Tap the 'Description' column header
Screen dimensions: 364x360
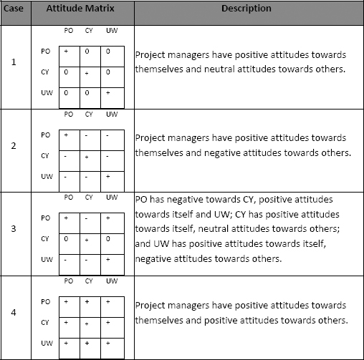coord(246,9)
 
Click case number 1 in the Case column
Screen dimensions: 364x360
coord(14,62)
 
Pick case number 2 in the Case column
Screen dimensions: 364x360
coord(14,145)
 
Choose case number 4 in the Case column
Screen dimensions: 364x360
coord(14,313)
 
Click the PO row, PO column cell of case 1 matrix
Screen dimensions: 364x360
coord(66,52)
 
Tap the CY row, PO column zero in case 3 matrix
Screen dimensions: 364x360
coord(66,238)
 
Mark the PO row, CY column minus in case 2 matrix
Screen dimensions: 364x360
coord(88,135)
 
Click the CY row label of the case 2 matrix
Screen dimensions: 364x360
coord(44,155)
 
